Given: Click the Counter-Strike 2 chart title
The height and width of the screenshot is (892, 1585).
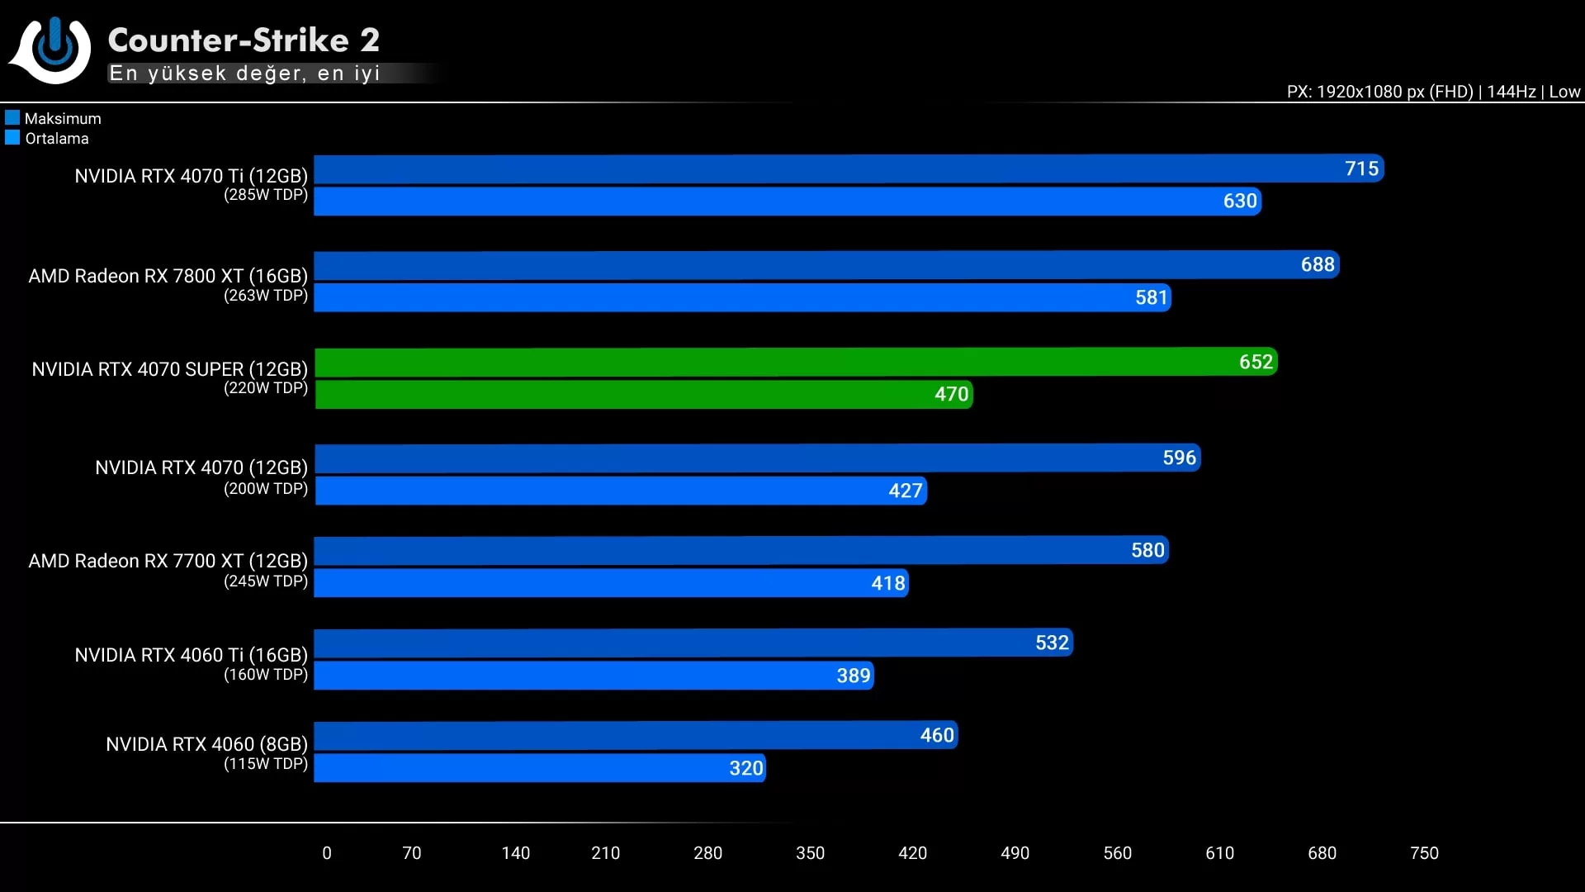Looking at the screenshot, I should pos(244,40).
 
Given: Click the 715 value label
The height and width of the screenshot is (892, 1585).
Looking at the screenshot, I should pos(1361,168).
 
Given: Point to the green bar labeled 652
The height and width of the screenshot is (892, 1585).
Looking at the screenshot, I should pos(796,362).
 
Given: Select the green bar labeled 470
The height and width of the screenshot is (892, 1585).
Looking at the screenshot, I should pos(644,394).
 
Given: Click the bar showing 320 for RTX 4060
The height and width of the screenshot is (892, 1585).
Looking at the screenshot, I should pos(540,768).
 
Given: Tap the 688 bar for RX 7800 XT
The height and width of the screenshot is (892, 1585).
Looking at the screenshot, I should pos(826,265).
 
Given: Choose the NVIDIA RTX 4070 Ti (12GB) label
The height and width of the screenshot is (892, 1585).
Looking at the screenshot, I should pos(191,176).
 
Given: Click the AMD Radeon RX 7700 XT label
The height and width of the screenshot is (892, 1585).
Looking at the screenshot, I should pos(168,561).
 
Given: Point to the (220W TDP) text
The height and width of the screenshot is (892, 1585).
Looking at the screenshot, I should pos(266,388).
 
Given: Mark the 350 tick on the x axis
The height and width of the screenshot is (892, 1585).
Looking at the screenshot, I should pos(810,853).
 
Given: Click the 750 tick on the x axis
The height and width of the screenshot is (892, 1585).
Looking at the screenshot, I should pos(1424,853).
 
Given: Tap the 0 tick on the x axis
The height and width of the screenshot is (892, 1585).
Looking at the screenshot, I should pos(327,853).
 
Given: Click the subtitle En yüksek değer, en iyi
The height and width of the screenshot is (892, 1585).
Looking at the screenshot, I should pos(244,74).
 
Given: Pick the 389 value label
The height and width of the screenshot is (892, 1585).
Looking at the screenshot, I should pos(854,676).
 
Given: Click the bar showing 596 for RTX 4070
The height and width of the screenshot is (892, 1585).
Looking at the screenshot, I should pos(757,458).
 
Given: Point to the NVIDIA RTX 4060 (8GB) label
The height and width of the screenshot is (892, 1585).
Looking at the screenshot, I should pos(206,744).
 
